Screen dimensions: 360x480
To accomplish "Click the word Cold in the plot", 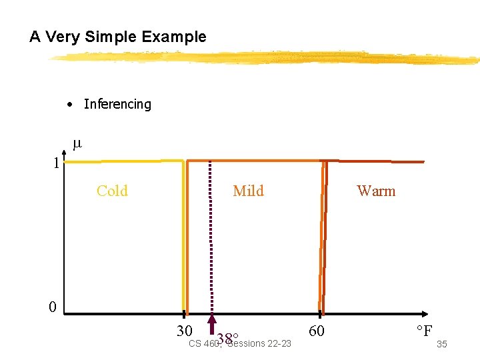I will pyautogui.click(x=112, y=191).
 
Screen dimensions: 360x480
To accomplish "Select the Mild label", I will pyautogui.click(x=248, y=191).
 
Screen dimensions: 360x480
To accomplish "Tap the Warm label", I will pyautogui.click(x=376, y=191).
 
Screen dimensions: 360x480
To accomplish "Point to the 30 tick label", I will pyautogui.click(x=185, y=331).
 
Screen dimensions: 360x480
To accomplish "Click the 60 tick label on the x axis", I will pyautogui.click(x=318, y=330).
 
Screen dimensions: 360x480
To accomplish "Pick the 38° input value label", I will pyautogui.click(x=227, y=338).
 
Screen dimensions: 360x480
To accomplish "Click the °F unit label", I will pyautogui.click(x=424, y=331).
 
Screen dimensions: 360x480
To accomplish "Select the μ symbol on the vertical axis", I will pyautogui.click(x=77, y=143).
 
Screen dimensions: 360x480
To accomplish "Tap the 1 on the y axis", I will pyautogui.click(x=57, y=163).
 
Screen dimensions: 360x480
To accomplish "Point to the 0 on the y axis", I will pyautogui.click(x=52, y=307).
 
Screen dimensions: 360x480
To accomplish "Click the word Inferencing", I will pyautogui.click(x=117, y=104).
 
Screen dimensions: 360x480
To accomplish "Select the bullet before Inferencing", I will pyautogui.click(x=69, y=105).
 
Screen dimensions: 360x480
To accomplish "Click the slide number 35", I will pyautogui.click(x=441, y=344).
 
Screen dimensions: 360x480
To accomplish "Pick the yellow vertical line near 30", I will pyautogui.click(x=183, y=233).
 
